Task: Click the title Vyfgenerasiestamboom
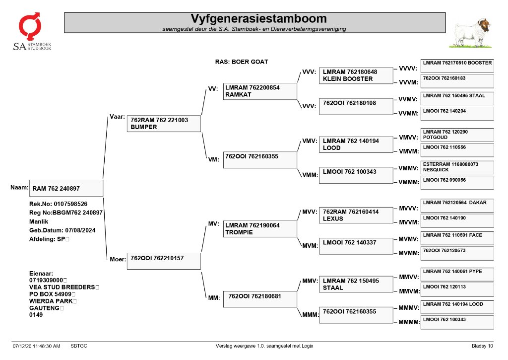[258, 18]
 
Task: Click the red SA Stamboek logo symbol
[30, 26]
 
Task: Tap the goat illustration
[471, 33]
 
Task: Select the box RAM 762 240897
[66, 188]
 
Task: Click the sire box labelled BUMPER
[164, 124]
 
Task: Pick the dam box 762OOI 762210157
[164, 261]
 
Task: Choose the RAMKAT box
[260, 91]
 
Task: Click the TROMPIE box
[260, 228]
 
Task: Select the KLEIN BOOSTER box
[356, 75]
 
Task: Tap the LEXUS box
[356, 216]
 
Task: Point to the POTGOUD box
[457, 135]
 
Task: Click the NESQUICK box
[457, 167]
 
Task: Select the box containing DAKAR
[457, 206]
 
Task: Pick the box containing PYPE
[457, 275]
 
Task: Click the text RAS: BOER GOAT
[242, 62]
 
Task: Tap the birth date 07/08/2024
[80, 230]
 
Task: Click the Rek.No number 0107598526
[70, 204]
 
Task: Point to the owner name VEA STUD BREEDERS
[62, 287]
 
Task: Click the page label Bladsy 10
[482, 346]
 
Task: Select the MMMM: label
[409, 322]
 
